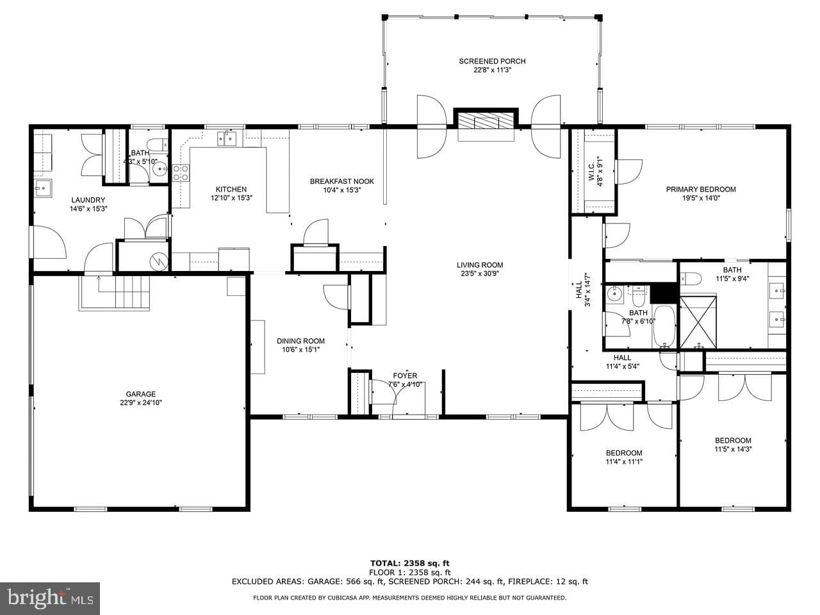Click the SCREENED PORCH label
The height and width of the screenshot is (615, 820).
tap(492, 61)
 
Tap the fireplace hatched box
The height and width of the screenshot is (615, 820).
tap(486, 120)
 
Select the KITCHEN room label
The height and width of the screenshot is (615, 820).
tap(231, 190)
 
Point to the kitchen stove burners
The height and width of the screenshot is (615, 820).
tap(181, 173)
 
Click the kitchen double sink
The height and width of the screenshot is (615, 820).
tap(227, 138)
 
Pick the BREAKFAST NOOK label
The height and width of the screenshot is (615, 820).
tap(342, 181)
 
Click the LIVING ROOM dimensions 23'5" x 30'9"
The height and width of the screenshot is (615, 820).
tap(480, 274)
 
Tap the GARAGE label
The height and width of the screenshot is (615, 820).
tap(140, 394)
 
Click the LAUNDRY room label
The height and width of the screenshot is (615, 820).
tap(88, 200)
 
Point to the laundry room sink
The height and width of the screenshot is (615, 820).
tap(44, 188)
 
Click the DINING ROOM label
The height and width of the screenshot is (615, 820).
tap(300, 341)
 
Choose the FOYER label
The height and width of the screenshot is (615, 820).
tap(405, 375)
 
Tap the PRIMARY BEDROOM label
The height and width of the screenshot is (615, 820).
tap(701, 190)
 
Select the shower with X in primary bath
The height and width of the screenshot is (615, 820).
tap(698, 322)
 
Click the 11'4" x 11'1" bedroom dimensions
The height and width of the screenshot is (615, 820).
tap(624, 461)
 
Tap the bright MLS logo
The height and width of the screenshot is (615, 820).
tap(50, 598)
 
